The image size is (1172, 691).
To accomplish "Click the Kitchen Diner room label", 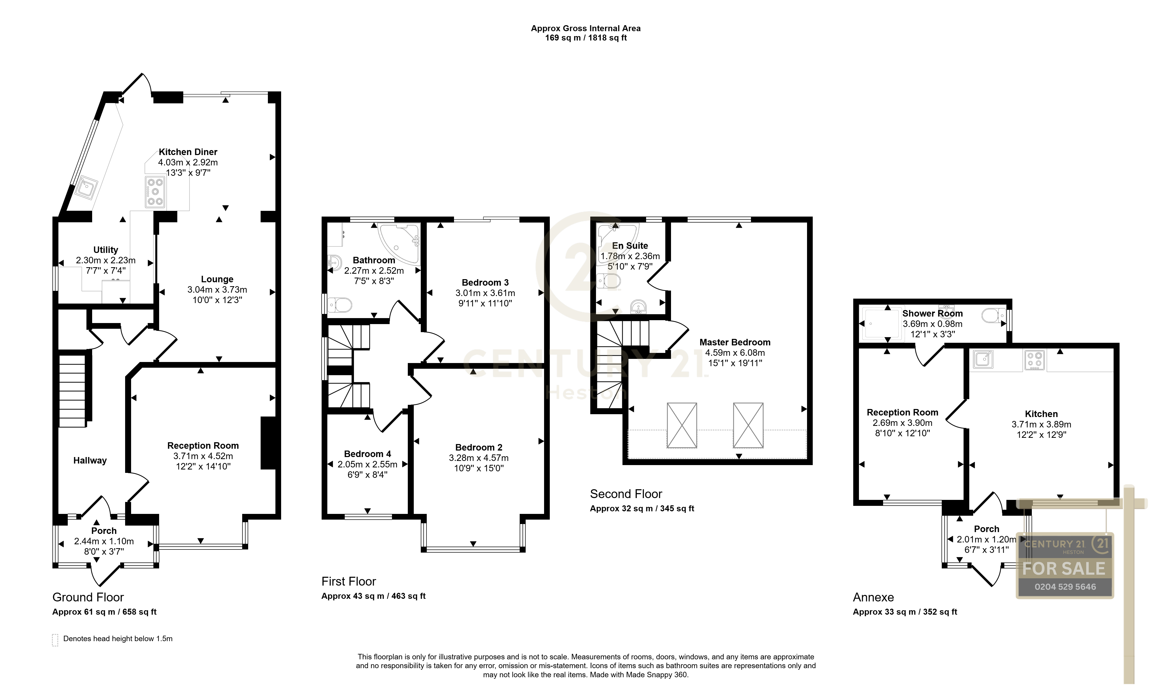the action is click(188, 152).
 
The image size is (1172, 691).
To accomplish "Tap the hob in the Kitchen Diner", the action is click(155, 192).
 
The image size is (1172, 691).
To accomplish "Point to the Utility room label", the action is click(106, 250).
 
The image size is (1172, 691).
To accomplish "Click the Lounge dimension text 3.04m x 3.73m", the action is click(217, 290).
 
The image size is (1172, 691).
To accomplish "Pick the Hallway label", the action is click(90, 460).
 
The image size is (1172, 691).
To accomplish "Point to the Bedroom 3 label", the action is click(485, 283).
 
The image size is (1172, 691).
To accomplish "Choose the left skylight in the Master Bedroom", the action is click(682, 425).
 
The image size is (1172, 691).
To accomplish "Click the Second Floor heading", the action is click(626, 494).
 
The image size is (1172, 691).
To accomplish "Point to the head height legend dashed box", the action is click(55, 640).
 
